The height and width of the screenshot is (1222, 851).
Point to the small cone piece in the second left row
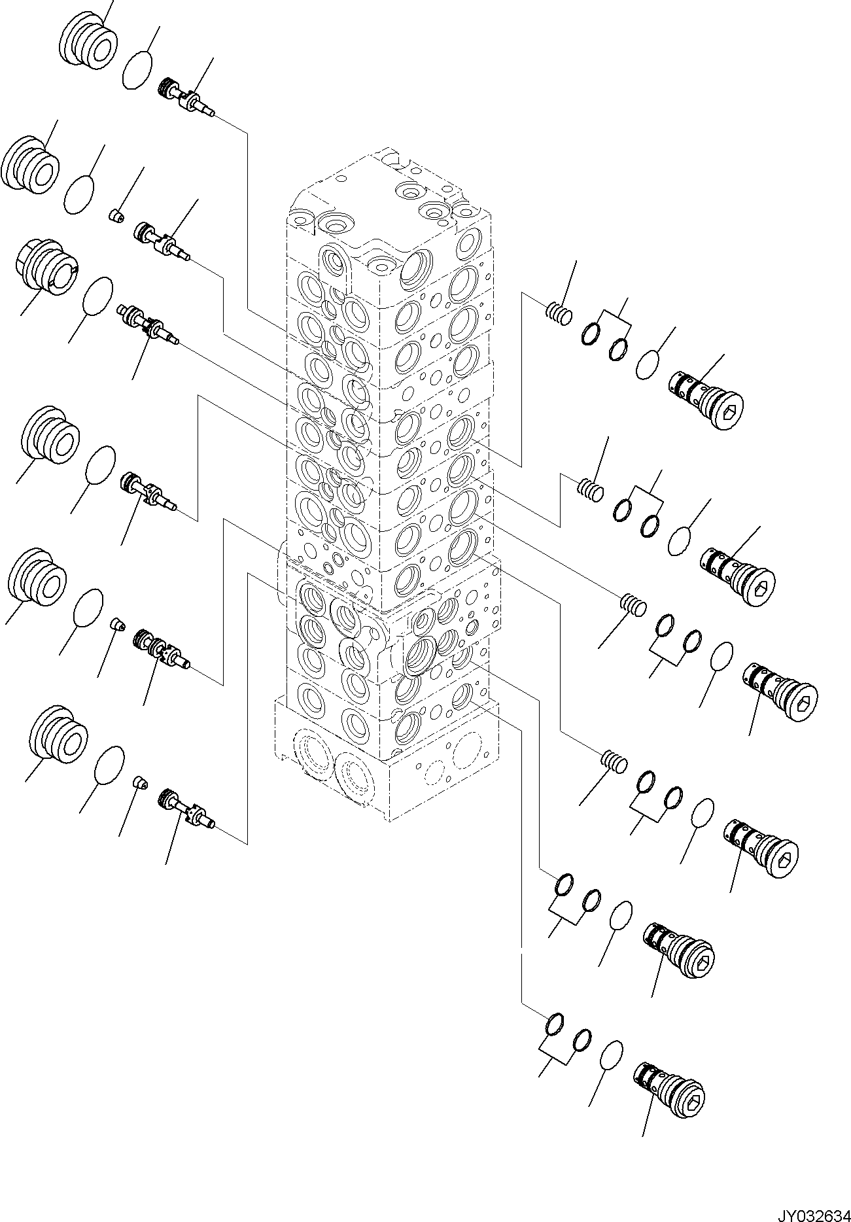pyautogui.click(x=115, y=215)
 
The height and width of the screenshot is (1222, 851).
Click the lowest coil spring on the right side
pyautogui.click(x=614, y=763)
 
